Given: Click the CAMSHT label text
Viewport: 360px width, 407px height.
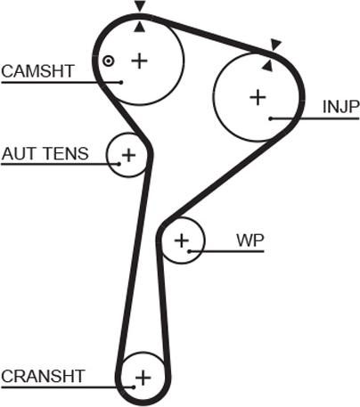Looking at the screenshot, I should (37, 70).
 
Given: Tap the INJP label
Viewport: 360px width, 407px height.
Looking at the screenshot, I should (340, 107).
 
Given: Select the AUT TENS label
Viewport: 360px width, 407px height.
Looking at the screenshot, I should (45, 153).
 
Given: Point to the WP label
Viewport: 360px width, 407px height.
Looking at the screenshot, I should (250, 240).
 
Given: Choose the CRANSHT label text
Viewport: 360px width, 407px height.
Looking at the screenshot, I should (43, 376).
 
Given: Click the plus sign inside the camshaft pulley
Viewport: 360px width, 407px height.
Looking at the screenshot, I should (139, 60).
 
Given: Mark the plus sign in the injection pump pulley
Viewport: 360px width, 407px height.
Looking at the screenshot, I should (258, 96).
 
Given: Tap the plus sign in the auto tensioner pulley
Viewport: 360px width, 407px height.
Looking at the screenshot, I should (128, 156).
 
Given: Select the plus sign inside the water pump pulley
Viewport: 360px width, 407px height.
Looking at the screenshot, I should (182, 240).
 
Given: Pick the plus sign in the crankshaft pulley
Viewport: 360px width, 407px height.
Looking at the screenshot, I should (141, 379).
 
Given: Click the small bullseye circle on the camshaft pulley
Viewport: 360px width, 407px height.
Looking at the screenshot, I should (108, 61).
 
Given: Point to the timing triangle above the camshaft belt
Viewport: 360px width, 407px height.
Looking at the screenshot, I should (139, 7).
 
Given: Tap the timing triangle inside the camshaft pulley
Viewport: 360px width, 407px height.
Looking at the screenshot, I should (139, 26).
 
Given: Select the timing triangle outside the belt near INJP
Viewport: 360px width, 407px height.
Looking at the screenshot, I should (275, 43).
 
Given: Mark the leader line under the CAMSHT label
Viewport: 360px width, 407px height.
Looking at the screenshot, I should (53, 83).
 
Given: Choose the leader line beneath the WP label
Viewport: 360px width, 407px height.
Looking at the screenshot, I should (232, 251).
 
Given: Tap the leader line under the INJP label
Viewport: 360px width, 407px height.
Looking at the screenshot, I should (312, 118).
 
